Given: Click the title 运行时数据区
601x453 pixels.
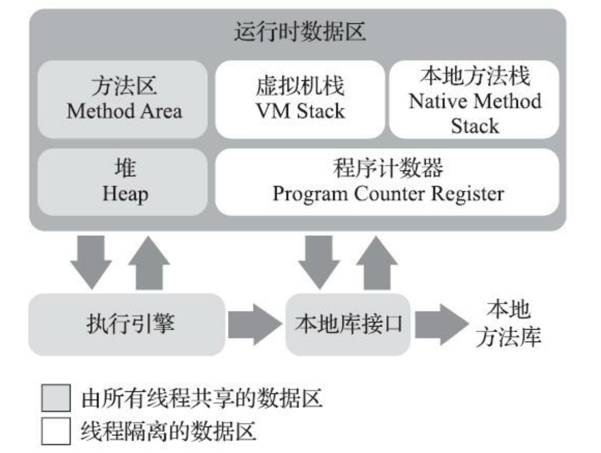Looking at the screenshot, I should (300, 32).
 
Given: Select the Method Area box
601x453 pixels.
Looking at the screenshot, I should (123, 99).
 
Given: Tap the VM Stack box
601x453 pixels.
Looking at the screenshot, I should (300, 99).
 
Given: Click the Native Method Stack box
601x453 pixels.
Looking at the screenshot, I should (474, 99).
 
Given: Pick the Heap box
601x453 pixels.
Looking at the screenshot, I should (123, 182).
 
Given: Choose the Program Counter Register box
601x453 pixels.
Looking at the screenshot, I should (387, 182).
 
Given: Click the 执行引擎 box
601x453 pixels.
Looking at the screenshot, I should (127, 324).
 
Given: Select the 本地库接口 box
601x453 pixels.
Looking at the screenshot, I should (348, 324).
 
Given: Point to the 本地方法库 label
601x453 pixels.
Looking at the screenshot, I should (508, 323).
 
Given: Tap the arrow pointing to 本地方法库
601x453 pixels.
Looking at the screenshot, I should (441, 324).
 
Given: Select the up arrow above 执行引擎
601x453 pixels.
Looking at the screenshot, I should (149, 262).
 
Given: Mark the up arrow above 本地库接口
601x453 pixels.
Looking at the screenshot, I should (377, 262).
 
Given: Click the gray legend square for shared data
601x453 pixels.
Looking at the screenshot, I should (56, 398).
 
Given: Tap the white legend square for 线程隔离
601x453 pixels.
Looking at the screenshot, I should (56, 431).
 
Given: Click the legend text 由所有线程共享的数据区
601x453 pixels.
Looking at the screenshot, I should (202, 398).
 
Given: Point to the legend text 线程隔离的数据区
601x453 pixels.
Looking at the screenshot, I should (169, 431).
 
